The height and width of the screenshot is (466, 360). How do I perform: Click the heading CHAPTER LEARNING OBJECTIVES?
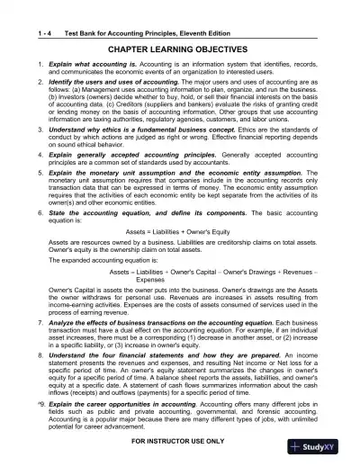[179, 29]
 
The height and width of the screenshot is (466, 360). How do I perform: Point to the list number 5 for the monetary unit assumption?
[30, 170]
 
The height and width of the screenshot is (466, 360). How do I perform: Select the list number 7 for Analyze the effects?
[30, 321]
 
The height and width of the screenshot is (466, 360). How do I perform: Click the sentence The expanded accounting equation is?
[100, 257]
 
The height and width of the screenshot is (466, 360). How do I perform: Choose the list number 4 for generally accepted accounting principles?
[30, 153]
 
